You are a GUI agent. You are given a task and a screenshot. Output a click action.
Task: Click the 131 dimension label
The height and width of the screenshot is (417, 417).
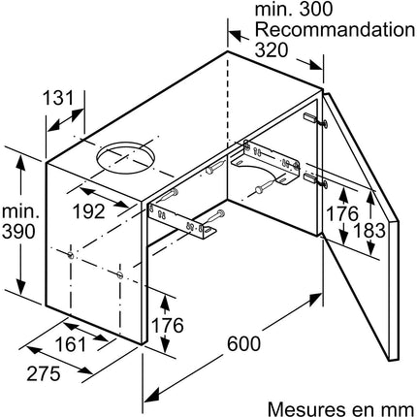coord(58,97)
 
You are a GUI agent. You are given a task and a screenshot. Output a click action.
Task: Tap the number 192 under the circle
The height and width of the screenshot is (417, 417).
coord(89,211)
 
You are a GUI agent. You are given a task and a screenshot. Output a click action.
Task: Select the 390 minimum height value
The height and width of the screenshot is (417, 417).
coord(18,232)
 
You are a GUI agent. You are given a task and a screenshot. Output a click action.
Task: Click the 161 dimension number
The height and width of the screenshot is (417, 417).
coord(71,344)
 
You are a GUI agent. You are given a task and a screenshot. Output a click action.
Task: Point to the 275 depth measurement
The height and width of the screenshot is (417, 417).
coord(44,373)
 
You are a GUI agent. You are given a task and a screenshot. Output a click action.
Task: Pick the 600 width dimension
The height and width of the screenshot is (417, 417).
coord(243,343)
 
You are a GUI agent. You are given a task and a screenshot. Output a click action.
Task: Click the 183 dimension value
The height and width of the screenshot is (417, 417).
coord(369,231)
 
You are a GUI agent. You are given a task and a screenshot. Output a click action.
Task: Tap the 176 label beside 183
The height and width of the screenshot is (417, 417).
coord(342,213)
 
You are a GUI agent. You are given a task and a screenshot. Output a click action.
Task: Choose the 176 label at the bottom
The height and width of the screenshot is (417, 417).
coord(167,325)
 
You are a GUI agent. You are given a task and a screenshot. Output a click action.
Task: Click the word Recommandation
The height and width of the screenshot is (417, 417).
coord(335,30)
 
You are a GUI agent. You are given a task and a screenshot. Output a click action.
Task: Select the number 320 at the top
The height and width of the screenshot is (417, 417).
coord(272,49)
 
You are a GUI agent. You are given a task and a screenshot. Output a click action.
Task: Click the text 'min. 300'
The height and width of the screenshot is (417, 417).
coord(294,9)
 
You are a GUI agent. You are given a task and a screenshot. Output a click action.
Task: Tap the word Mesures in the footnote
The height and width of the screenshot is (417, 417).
coord(305,409)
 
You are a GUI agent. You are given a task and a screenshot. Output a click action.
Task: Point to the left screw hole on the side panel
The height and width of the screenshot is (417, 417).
coord(71,255)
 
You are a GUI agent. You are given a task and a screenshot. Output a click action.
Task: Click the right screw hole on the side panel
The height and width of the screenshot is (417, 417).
coord(120,275)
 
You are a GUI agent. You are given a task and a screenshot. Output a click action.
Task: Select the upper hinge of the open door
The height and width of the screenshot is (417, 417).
coord(315,120)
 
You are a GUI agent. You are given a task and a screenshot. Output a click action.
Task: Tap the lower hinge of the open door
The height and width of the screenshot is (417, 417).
coord(315,180)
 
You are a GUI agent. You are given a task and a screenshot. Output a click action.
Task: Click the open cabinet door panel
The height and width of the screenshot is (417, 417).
coord(361,226)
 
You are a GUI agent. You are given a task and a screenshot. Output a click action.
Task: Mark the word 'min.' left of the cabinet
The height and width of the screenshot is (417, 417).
coord(20,211)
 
